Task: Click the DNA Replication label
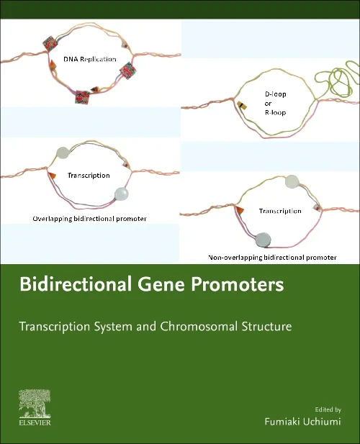coord(89,59)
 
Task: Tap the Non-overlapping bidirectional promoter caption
coord(272,256)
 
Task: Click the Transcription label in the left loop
coord(89,175)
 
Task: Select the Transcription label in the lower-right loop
coord(280,211)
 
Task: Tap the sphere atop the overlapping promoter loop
coord(63,153)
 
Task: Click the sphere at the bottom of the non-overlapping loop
coord(263,240)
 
